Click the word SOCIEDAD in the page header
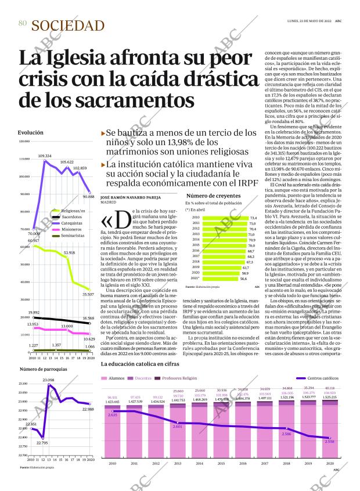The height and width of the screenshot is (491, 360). [68, 25]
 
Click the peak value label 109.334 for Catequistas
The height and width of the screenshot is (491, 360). [45, 156]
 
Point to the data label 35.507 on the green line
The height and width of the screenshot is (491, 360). [88, 295]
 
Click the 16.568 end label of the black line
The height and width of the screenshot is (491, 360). [88, 318]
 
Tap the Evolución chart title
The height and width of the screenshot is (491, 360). [30, 133]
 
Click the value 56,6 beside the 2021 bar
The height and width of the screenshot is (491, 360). [244, 279]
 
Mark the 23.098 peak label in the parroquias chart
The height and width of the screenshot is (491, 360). [48, 380]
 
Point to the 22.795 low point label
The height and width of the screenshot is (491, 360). [42, 442]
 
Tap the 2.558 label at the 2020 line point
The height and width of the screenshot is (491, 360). [330, 442]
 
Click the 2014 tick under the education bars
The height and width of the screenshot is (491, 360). [199, 464]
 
